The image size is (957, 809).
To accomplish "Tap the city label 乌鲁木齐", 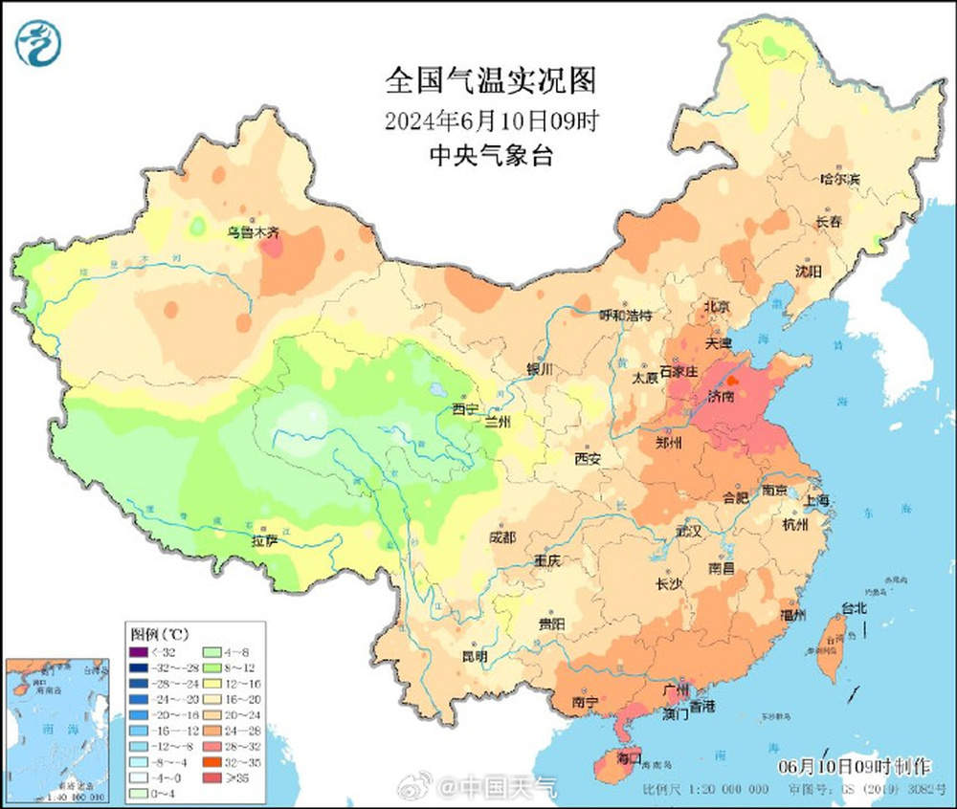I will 253,231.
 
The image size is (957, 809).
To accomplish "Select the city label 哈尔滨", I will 840,179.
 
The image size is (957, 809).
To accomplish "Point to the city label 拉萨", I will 265,541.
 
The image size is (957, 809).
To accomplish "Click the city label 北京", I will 716,306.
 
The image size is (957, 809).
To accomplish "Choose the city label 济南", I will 722,395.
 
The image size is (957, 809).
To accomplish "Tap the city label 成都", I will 502,537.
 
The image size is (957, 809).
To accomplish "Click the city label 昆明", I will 474,657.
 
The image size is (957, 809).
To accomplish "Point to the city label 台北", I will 854,607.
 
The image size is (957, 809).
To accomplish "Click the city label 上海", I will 816,501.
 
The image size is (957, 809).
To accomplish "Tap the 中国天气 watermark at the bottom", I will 507,788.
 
